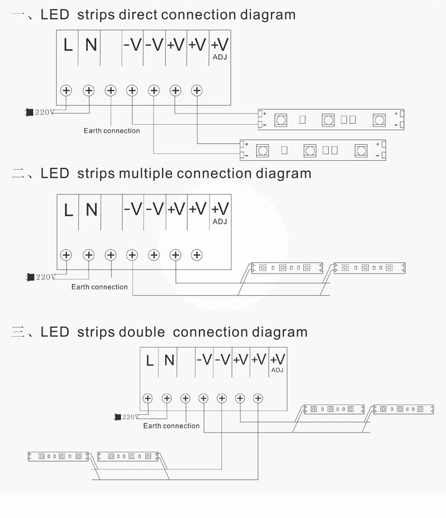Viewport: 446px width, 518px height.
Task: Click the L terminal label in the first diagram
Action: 68,45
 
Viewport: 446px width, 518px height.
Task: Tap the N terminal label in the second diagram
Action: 91,209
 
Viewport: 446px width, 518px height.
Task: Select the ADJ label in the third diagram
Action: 277,370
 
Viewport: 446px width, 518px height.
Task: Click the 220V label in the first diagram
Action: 45,112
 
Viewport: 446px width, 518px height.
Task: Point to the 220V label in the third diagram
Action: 130,417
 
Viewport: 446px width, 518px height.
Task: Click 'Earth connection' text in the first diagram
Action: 111,131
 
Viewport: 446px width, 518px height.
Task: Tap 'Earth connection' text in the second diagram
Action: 99,287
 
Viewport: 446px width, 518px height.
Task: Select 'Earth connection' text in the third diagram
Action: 171,426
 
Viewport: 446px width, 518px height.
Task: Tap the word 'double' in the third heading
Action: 141,332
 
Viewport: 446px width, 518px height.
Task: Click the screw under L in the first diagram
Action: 66,91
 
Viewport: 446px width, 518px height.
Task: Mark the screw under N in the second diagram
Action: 89,255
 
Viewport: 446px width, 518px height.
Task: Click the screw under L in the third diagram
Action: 148,398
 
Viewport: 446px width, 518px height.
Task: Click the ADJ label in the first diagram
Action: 219,57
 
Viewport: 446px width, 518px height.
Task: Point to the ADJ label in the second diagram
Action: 219,221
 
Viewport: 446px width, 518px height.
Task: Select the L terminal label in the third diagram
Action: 150,360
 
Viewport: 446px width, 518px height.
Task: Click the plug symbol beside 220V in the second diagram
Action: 29,277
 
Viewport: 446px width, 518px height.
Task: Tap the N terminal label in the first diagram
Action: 91,45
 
